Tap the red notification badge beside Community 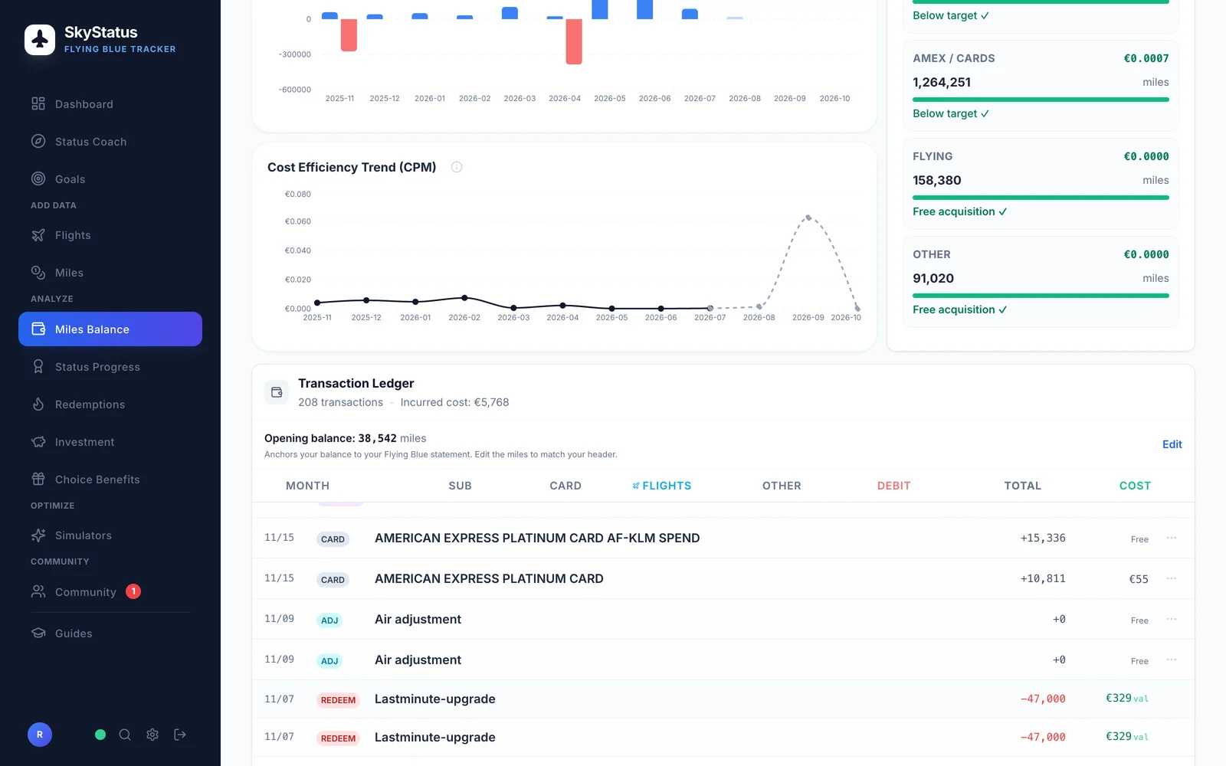[133, 591]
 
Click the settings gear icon [152, 735]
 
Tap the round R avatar [39, 735]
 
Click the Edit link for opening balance [1172, 444]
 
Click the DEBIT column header [893, 486]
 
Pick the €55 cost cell [1139, 579]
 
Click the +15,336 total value [1043, 538]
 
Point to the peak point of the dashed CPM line [808, 218]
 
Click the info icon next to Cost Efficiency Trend [457, 168]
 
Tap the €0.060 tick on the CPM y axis [298, 221]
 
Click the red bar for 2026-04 [574, 41]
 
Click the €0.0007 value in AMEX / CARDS [1146, 58]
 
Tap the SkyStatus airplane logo [40, 39]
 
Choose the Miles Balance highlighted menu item [110, 329]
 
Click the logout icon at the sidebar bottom [180, 735]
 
